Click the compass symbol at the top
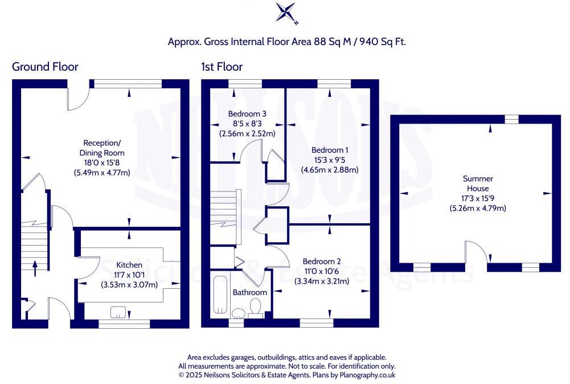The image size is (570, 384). click(286, 13)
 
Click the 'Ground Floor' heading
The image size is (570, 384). click(45, 67)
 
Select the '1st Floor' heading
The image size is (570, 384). click(222, 67)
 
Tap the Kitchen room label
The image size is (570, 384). click(129, 265)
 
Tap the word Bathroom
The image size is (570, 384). click(250, 292)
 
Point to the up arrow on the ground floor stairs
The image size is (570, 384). click(35, 267)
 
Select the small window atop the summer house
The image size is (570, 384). click(511, 119)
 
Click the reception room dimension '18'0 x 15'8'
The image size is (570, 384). click(102, 163)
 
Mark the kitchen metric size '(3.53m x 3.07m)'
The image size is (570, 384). click(129, 284)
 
